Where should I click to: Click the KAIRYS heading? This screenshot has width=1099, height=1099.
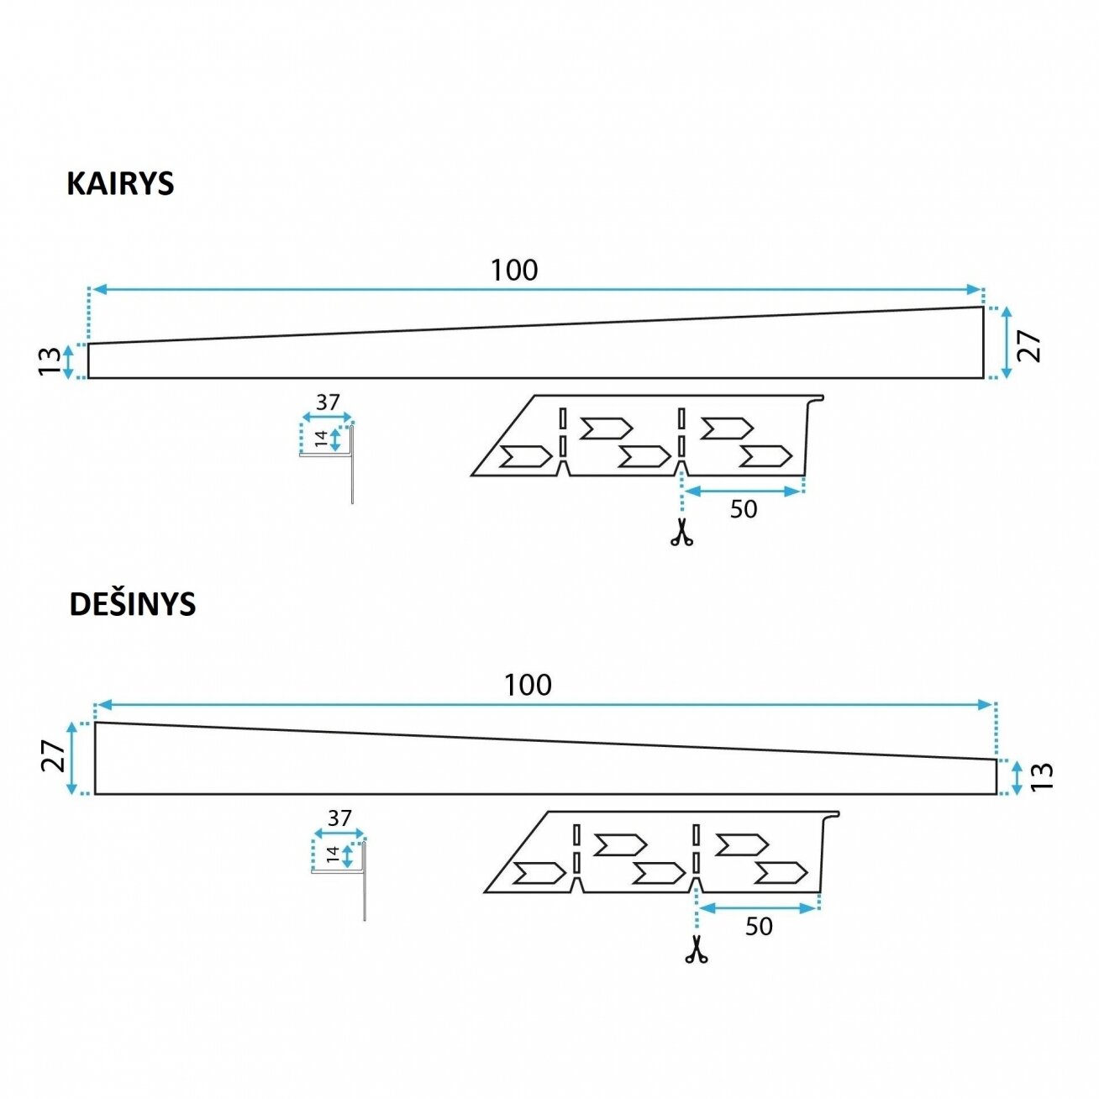click(120, 184)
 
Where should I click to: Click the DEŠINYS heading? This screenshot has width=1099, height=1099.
click(132, 604)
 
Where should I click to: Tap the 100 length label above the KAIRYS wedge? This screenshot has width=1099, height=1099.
click(514, 271)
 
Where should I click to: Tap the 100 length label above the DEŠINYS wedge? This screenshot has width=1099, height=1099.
click(528, 685)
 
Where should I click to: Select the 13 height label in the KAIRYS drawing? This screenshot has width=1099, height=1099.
click(50, 361)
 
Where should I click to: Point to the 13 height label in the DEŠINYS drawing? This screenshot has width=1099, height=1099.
click(1042, 776)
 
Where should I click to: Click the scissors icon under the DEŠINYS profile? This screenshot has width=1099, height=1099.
click(696, 949)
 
